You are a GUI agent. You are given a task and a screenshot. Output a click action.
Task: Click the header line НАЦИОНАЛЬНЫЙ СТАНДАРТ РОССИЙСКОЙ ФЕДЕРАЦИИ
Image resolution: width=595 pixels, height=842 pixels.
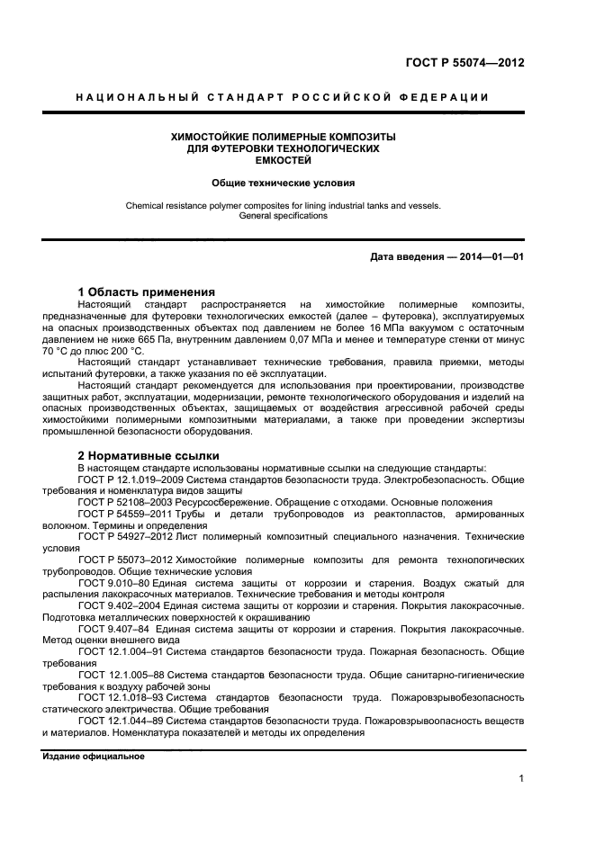[x=283, y=97]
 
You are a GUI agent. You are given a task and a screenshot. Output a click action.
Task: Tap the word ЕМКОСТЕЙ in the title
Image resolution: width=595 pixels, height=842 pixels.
[x=284, y=160]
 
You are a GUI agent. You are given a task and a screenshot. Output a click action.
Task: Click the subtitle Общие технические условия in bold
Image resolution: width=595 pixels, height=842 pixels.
[x=284, y=182]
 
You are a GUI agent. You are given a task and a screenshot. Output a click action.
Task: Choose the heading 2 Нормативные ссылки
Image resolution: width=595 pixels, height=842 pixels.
[x=149, y=455]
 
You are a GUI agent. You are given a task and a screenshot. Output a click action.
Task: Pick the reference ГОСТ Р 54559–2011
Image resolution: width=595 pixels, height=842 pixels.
[x=123, y=514]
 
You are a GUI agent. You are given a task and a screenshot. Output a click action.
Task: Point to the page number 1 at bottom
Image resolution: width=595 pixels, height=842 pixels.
[x=521, y=779]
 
